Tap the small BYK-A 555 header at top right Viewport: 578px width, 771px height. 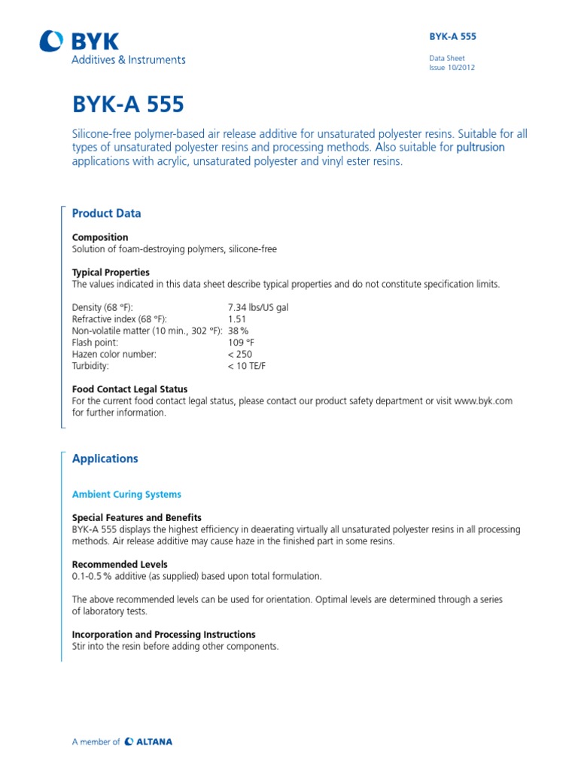coord(452,36)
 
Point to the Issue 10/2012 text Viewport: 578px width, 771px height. coord(452,67)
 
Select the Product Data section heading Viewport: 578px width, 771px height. coord(106,213)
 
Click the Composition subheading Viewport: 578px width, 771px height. coord(100,237)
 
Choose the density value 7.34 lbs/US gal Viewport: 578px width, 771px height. coord(257,309)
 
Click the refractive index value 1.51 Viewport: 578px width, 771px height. coord(237,320)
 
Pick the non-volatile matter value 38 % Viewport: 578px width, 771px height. coord(238,331)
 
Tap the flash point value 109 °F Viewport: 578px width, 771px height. coord(242,343)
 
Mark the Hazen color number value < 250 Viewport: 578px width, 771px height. coord(240,354)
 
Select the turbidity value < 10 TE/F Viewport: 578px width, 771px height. coord(247,365)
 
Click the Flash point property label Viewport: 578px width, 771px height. coord(95,343)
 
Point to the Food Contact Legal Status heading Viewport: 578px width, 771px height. coord(129,389)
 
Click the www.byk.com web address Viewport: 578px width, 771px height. coord(483,401)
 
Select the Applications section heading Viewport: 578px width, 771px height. coord(105,459)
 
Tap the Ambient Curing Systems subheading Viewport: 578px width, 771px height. coord(126,495)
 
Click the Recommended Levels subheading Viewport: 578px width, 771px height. coord(120,564)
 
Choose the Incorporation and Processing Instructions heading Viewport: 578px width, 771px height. coord(163,634)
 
